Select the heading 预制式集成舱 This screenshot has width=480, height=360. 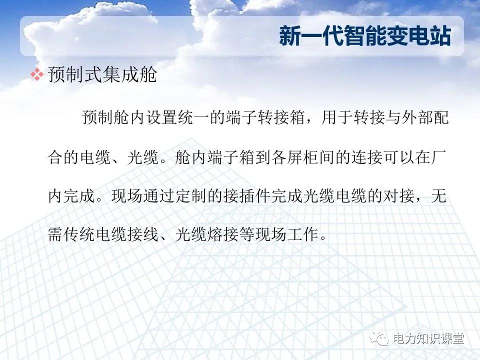click(102, 75)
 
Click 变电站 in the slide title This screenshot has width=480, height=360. click(424, 37)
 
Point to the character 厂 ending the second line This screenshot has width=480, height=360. click(440, 157)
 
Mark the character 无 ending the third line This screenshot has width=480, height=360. click(440, 196)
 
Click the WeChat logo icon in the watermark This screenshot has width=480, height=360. click(382, 339)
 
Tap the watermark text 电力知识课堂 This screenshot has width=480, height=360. click(428, 339)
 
